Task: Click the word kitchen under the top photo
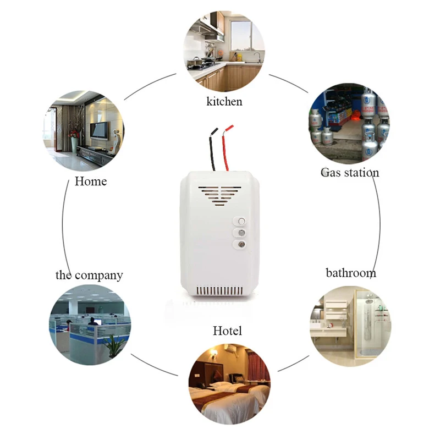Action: click(x=224, y=101)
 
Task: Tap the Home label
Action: click(x=91, y=182)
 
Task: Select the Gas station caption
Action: click(x=350, y=172)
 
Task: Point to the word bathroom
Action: click(x=351, y=273)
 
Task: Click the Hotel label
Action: click(x=227, y=331)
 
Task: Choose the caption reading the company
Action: click(x=89, y=276)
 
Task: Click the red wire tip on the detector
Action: click(x=229, y=128)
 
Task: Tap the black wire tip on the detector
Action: click(x=215, y=131)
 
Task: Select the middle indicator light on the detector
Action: click(x=241, y=233)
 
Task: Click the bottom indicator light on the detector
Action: click(x=241, y=245)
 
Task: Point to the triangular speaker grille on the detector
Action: click(x=219, y=195)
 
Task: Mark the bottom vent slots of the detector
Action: click(x=219, y=290)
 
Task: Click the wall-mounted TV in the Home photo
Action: click(x=99, y=130)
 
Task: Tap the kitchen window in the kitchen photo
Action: click(x=241, y=35)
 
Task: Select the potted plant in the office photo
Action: click(x=114, y=346)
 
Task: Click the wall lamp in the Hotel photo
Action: click(x=214, y=353)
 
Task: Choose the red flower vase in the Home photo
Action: click(x=74, y=141)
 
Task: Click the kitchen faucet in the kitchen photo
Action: click(x=258, y=57)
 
